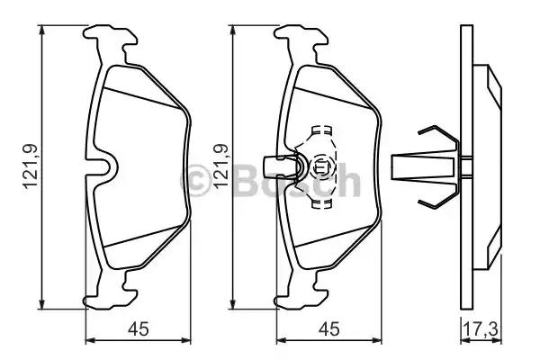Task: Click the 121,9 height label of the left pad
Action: click(31, 166)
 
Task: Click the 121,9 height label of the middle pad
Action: click(221, 166)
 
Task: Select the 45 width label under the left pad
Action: click(138, 328)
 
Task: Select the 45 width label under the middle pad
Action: click(328, 328)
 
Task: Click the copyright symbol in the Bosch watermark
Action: click(195, 181)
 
